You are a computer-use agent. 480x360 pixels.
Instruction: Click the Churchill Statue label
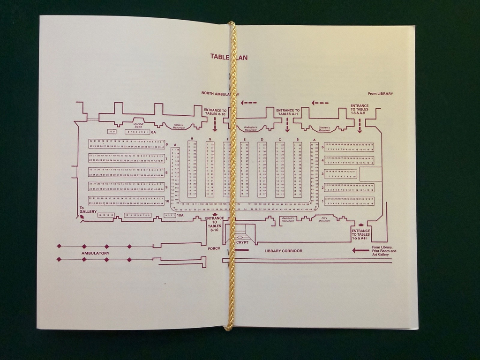(x=138, y=125)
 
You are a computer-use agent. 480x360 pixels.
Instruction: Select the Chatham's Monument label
(x=324, y=128)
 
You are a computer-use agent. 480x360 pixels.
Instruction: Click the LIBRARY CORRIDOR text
(x=283, y=251)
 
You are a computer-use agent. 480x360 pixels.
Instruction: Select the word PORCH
(x=214, y=248)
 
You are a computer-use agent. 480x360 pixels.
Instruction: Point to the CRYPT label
(x=242, y=242)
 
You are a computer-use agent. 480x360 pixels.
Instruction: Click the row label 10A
(x=180, y=216)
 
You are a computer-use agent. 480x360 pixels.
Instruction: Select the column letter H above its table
(x=192, y=139)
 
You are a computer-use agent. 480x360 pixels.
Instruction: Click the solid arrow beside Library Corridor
(x=360, y=250)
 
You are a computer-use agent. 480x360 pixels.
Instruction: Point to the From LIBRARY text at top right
(x=380, y=94)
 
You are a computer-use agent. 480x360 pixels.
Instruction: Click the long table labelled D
(x=262, y=169)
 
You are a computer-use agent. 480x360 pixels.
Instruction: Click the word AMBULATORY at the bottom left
(x=95, y=253)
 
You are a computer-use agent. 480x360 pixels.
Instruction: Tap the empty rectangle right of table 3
(x=370, y=174)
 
